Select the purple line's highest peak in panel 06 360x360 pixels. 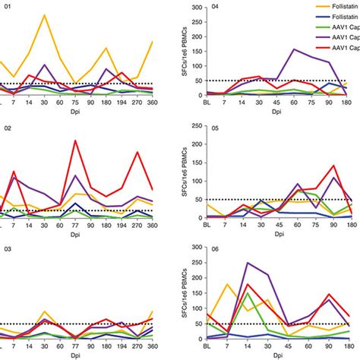coord(248,263)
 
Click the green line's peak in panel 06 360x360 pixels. coord(248,293)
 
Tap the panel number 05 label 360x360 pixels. coord(215,128)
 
